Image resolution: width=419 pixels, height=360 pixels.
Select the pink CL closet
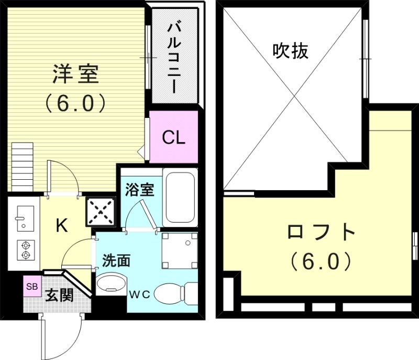[x=173, y=137]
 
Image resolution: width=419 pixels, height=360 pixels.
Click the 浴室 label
[x=140, y=190]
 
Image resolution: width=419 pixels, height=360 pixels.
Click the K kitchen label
[x=61, y=226]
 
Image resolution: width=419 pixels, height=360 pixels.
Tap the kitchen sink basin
[x=24, y=216]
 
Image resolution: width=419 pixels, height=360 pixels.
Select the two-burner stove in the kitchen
[x=24, y=250]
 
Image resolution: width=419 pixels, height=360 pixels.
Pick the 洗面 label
[x=116, y=260]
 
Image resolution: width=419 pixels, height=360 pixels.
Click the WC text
[x=140, y=294]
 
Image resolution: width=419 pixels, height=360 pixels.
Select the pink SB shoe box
[x=32, y=286]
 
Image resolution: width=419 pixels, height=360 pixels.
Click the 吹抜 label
[x=290, y=51]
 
